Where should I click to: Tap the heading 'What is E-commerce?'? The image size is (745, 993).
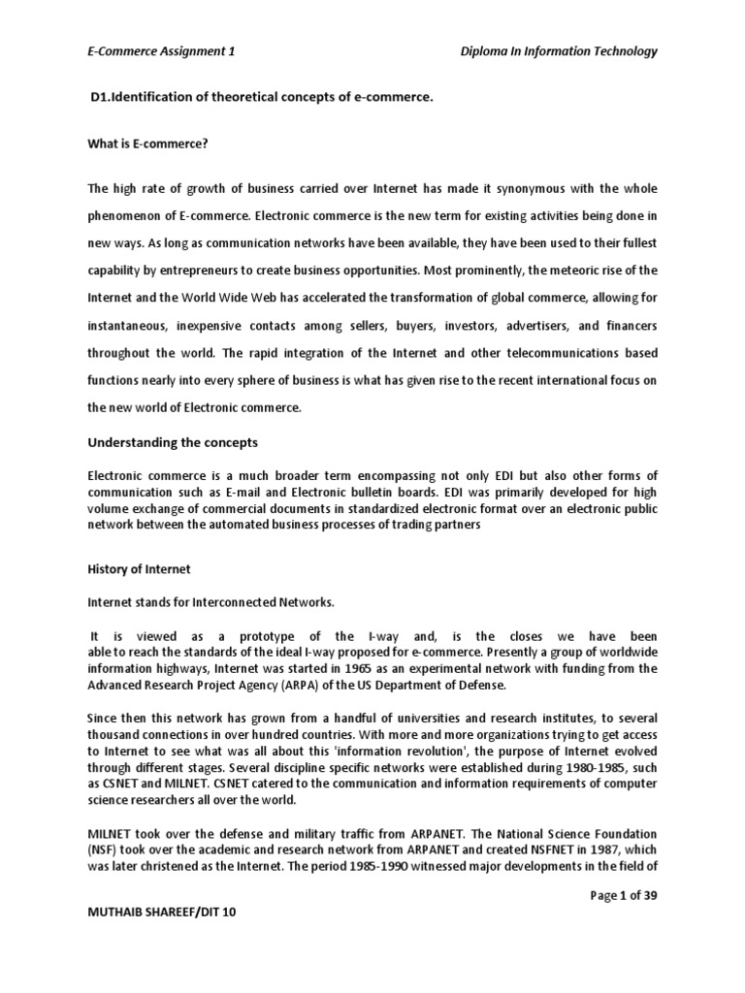[148, 144]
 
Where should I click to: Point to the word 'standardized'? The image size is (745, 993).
[371, 508]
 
